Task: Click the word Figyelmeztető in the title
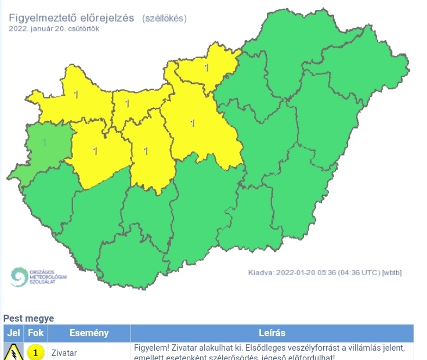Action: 44,18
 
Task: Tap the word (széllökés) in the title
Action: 164,18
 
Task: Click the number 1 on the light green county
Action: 44,141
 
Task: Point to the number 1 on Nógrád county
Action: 206,68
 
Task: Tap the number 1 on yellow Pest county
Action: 192,123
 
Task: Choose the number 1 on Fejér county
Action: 146,151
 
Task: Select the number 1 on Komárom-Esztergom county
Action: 126,105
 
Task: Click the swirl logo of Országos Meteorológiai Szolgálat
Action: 19,277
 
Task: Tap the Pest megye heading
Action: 28,318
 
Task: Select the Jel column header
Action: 13,333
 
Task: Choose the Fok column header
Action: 36,333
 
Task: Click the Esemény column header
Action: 89,333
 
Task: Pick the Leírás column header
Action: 272,333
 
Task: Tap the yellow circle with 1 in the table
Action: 36,352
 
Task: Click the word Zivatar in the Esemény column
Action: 64,352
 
